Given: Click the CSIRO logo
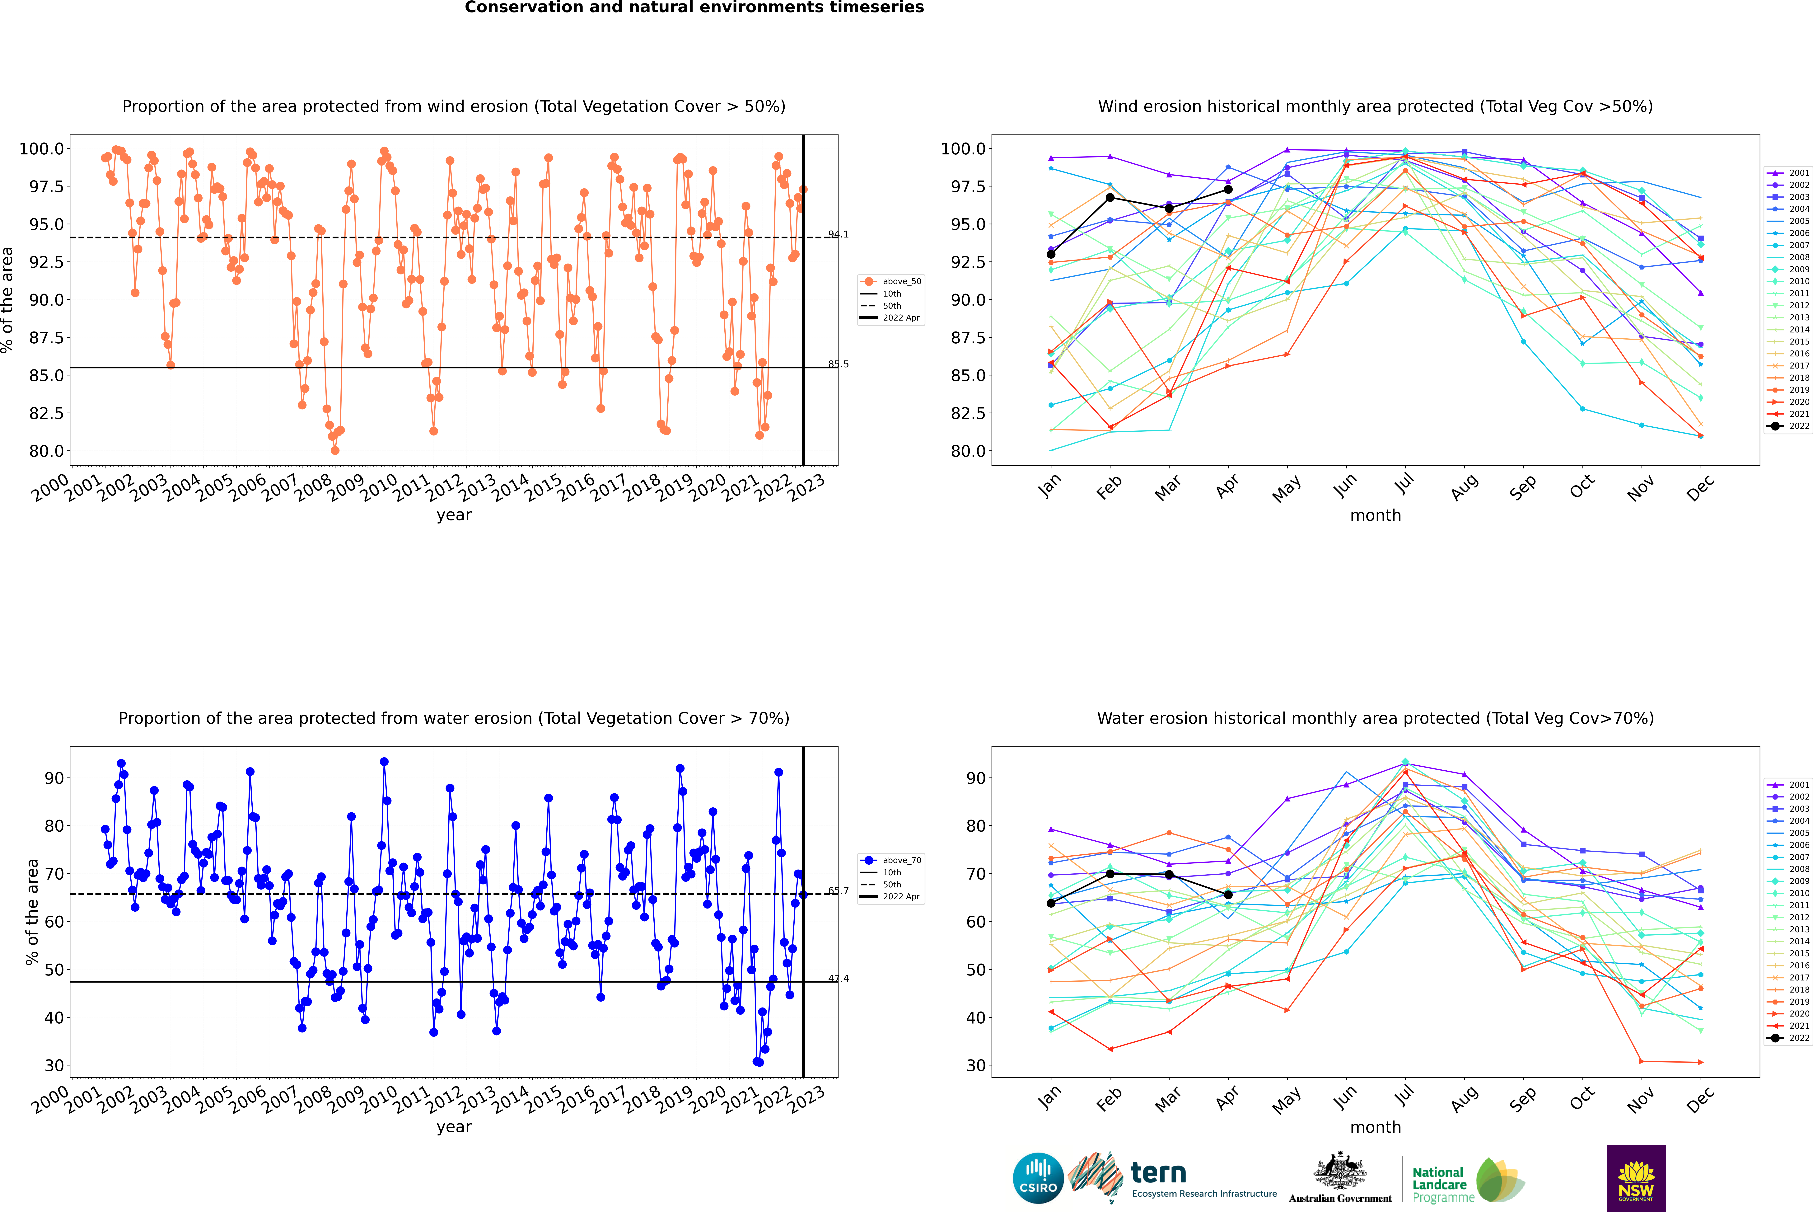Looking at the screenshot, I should (1038, 1178).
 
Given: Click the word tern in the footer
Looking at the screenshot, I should (1158, 1173).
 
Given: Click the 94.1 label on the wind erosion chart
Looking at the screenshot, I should (838, 234).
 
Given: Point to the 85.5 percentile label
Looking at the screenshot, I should (838, 364).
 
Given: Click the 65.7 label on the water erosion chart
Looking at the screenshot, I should (838, 890).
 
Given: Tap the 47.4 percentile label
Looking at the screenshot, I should (838, 979).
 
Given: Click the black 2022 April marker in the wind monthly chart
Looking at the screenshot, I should (1228, 189).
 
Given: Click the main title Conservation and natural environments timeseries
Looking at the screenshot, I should (694, 8).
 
